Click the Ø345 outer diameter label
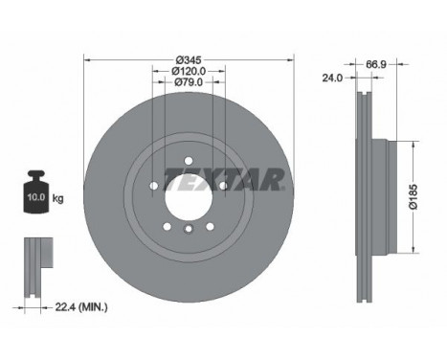coord(189,59)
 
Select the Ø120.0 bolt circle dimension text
coord(189,71)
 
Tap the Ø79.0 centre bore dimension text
coord(189,82)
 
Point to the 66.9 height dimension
coord(376,64)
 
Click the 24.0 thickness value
coord(332,78)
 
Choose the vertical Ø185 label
coord(413,196)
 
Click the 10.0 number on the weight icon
coord(36,197)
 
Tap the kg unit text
coord(57,198)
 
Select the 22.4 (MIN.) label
coord(81,307)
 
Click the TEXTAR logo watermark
coord(224,179)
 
